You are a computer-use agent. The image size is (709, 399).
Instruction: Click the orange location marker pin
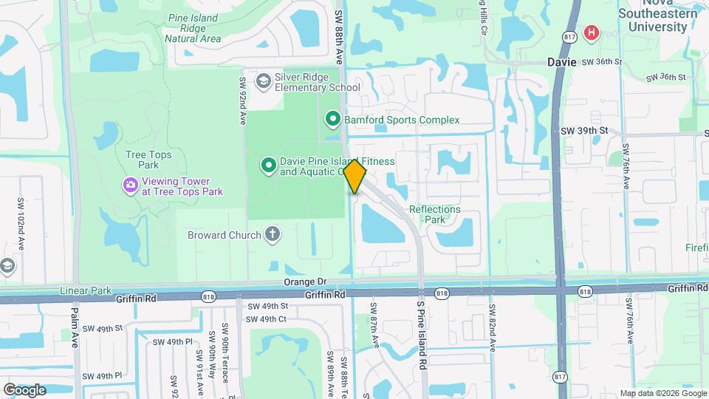pyautogui.click(x=354, y=175)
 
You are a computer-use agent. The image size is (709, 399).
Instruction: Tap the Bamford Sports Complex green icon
pyautogui.click(x=333, y=118)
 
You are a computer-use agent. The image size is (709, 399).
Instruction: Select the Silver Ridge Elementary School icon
pyautogui.click(x=263, y=81)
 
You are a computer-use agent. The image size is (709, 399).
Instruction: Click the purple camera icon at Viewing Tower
pyautogui.click(x=131, y=183)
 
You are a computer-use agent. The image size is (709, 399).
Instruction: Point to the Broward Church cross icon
pyautogui.click(x=273, y=235)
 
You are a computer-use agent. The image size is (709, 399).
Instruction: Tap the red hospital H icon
pyautogui.click(x=591, y=33)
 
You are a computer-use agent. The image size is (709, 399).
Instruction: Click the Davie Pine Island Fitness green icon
pyautogui.click(x=268, y=164)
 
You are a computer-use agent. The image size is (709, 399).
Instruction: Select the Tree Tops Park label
pyautogui.click(x=143, y=160)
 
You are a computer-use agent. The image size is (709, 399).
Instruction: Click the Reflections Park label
pyautogui.click(x=435, y=214)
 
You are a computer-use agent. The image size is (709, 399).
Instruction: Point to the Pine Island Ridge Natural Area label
pyautogui.click(x=193, y=27)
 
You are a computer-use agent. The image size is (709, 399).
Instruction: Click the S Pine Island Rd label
pyautogui.click(x=422, y=334)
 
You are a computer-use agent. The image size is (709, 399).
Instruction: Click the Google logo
pyautogui.click(x=24, y=389)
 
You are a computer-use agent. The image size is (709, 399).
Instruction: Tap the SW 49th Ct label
pyautogui.click(x=266, y=319)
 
